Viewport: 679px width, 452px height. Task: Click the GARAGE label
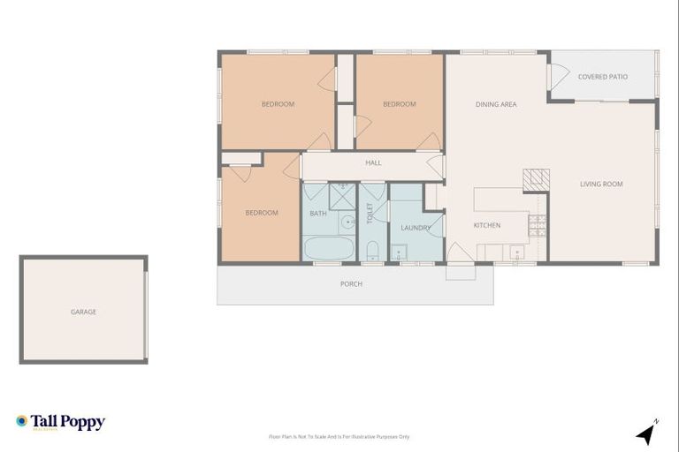(x=84, y=312)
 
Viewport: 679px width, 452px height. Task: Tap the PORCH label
(x=351, y=283)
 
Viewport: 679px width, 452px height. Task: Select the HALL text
(x=373, y=162)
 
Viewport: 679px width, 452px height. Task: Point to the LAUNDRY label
(x=415, y=228)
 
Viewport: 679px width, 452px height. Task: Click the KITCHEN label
(x=486, y=225)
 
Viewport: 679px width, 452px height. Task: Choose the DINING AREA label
(x=496, y=104)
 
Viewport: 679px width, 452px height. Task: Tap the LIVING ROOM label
(x=601, y=184)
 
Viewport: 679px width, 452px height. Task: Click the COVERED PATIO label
(x=603, y=77)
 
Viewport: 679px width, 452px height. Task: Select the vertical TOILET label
(x=370, y=213)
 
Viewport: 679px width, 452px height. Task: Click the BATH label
(x=318, y=213)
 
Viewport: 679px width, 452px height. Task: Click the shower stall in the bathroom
(x=342, y=193)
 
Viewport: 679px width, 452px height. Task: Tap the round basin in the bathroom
(x=348, y=222)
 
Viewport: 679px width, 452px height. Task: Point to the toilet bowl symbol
(x=372, y=249)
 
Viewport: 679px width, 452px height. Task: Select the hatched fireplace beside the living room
(x=534, y=180)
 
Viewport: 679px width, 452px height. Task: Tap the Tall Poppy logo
(x=60, y=422)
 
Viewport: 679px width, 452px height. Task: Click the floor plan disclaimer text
(x=339, y=436)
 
